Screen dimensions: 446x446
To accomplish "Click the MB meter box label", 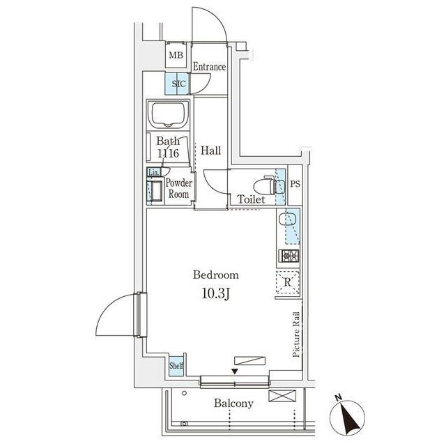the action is point(176,55).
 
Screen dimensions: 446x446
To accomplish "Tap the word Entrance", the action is point(210,67).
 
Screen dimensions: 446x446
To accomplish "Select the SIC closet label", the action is point(178,84).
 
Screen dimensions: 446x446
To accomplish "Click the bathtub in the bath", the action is point(168,115).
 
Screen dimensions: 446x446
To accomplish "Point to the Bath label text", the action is point(168,141).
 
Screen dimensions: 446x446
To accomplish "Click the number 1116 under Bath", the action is point(168,153).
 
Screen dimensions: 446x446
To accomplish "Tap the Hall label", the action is point(210,151).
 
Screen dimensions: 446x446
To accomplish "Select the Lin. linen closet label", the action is point(153,172).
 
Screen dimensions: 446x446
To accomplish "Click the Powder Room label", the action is point(178,188).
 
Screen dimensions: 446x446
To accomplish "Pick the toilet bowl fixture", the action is point(264,185).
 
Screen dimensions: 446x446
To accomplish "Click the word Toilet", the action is point(251,199).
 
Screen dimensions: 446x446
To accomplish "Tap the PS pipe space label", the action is point(295,184).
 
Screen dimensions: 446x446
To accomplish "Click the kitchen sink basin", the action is point(288,220).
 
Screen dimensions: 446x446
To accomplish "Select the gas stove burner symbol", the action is point(289,256).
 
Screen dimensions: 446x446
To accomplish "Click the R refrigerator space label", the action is point(288,282).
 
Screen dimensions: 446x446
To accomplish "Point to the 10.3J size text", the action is point(215,294).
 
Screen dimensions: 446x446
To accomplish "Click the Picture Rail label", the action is point(296,334).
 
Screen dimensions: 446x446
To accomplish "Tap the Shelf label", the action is point(176,365).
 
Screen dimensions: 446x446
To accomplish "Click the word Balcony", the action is point(233,403).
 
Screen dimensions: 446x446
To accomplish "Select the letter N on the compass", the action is point(338,398).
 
